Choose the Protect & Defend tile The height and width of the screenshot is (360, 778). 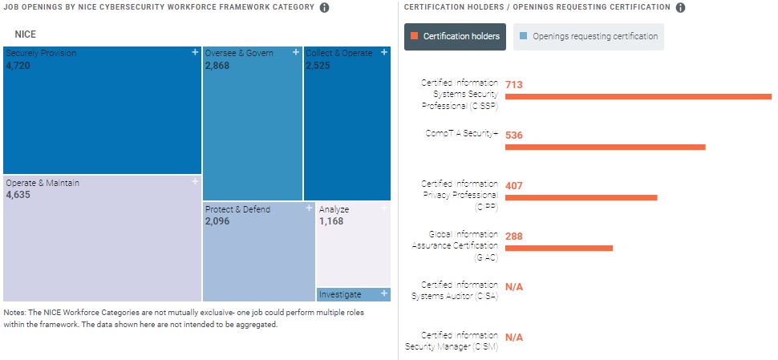click(258, 252)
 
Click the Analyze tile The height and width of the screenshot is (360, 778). click(353, 244)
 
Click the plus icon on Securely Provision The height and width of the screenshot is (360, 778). click(195, 52)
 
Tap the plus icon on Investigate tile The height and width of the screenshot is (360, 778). click(384, 294)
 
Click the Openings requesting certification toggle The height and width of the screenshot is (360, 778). click(589, 36)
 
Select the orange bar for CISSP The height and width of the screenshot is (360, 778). click(638, 96)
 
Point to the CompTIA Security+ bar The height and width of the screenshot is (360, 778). click(605, 147)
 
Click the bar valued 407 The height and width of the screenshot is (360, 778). click(581, 197)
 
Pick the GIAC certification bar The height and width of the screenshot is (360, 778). click(558, 248)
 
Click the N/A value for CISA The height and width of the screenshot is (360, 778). click(513, 287)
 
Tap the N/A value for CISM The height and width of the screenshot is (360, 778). click(513, 338)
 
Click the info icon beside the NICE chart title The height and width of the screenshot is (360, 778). click(324, 8)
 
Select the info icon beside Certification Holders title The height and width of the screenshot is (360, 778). click(680, 8)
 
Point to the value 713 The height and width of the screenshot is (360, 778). click(514, 84)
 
